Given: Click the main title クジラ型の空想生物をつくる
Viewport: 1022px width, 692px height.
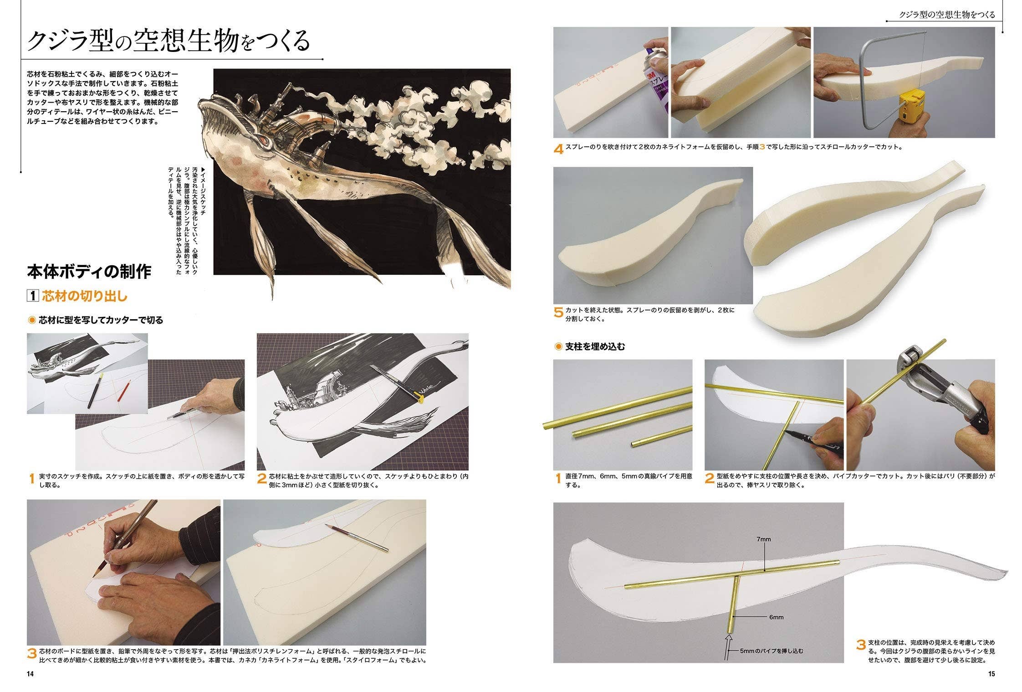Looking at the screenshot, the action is pos(169,41).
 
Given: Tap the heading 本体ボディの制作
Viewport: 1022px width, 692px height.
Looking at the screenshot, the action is pos(89,272).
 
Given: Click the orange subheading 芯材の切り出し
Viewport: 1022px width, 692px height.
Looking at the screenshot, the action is pos(85,296).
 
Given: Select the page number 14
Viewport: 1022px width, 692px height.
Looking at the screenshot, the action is pos(31,674).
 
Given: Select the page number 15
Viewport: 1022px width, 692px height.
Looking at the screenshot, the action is pos(991,674).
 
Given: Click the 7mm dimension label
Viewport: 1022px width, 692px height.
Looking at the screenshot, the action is pos(764,539).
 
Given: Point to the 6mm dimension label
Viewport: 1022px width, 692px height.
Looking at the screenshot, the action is pos(776,617).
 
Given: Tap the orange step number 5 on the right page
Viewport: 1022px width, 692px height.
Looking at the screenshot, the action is pos(558,313).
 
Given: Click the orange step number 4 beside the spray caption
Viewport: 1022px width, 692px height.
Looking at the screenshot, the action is pos(558,149).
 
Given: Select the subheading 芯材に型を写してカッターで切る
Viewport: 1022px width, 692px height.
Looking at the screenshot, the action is pos(101,320).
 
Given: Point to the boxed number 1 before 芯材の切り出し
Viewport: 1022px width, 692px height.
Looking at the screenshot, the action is pos(33,296).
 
